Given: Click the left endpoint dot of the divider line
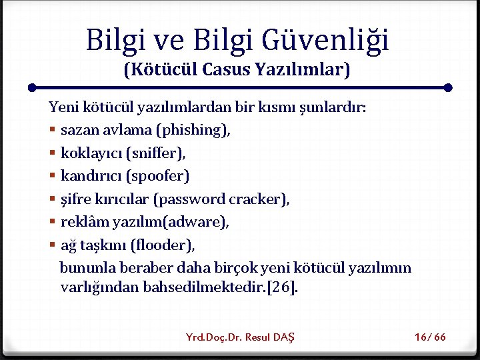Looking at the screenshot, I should tap(32, 87).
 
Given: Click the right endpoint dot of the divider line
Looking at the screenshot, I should tap(448, 87).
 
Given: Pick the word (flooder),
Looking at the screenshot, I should tap(163, 245).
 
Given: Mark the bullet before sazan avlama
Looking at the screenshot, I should tap(52, 130).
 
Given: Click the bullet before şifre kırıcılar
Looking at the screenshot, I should tap(52, 199).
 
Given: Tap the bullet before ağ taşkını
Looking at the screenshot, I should tap(52, 245).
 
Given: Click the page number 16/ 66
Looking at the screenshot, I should tap(430, 337).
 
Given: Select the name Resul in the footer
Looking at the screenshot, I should tap(258, 337).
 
